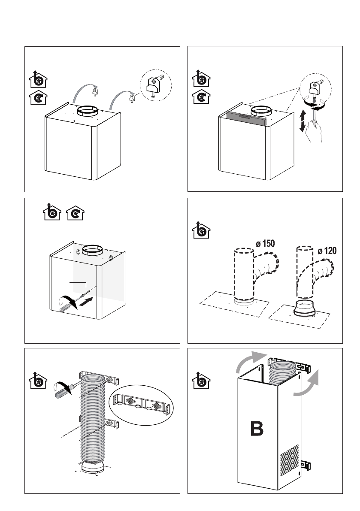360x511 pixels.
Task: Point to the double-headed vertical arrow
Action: pos(303,121)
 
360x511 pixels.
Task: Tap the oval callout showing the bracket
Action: pos(141,404)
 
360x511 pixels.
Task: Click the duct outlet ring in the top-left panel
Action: pos(88,112)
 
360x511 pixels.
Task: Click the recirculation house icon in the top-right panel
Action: pos(200,98)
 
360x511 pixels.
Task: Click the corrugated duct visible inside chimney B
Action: pos(284,371)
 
